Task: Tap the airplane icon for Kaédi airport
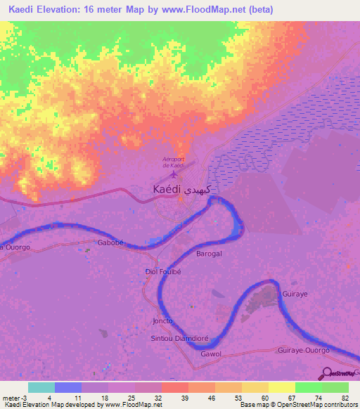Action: pos(174,174)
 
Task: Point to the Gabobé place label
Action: pos(110,241)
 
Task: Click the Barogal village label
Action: pos(209,253)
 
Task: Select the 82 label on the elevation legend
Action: pos(345,398)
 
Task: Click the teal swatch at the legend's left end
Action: pos(41,387)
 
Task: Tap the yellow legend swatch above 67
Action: pos(281,387)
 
